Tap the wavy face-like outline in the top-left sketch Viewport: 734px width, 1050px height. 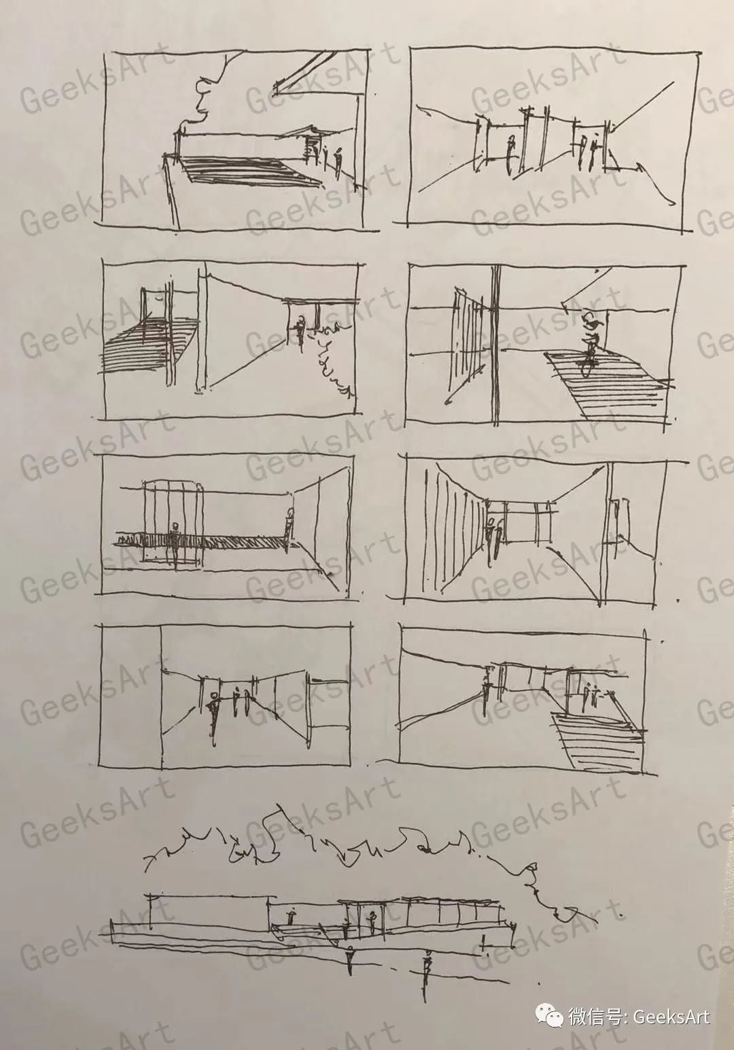click(x=206, y=94)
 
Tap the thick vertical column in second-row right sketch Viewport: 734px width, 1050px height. click(x=495, y=345)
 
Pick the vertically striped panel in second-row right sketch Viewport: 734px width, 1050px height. click(x=466, y=345)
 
